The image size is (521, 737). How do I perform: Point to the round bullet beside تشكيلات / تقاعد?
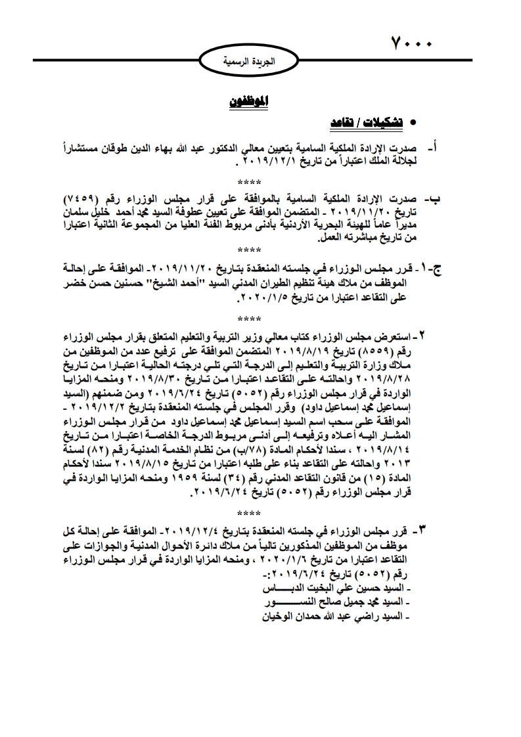(413, 123)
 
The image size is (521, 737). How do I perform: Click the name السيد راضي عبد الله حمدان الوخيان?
(338, 616)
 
